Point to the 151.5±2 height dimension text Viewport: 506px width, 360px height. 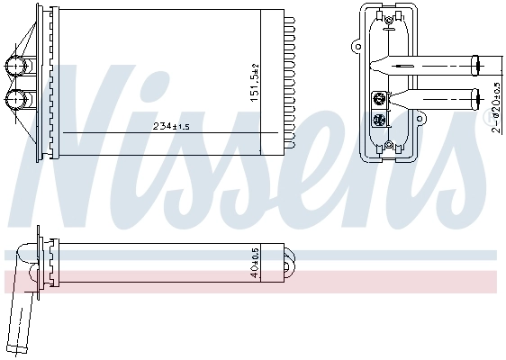(x=255, y=82)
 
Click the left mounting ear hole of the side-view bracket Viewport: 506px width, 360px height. (x=352, y=41)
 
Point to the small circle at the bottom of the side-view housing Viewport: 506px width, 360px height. (x=388, y=143)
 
